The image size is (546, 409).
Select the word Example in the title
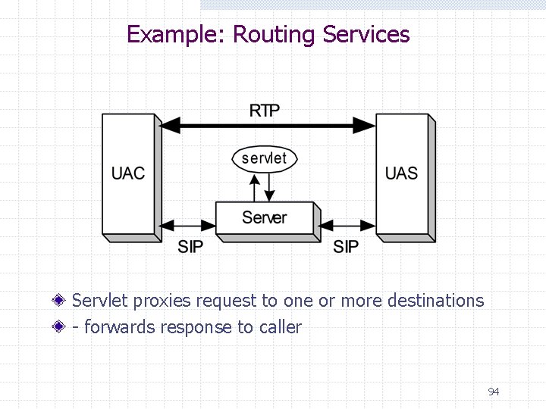(x=173, y=35)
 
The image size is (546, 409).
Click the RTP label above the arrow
(x=265, y=111)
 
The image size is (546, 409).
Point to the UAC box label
(x=128, y=173)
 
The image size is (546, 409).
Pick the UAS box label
(x=401, y=173)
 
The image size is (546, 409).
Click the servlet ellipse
(x=264, y=158)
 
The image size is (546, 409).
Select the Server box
(x=265, y=218)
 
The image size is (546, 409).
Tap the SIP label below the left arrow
(x=190, y=247)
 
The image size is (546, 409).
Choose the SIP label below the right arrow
(x=346, y=247)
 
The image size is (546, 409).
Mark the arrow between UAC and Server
(x=189, y=225)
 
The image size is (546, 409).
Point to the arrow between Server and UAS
(x=347, y=225)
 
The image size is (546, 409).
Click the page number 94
(x=494, y=392)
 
